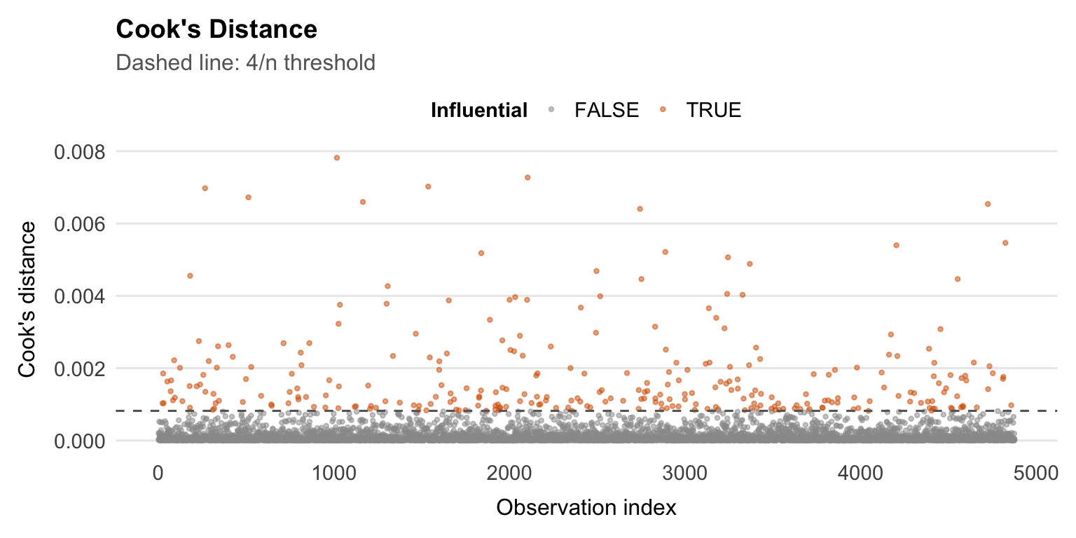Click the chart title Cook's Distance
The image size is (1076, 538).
(x=216, y=29)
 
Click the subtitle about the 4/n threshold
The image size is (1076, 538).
(x=245, y=63)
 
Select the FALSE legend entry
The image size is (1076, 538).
(x=606, y=110)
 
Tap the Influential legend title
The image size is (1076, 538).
(x=479, y=110)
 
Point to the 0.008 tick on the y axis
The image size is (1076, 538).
(x=78, y=151)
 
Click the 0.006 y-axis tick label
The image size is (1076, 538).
(x=78, y=223)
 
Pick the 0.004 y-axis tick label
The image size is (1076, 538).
(x=78, y=296)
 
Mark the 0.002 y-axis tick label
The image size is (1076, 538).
(x=78, y=368)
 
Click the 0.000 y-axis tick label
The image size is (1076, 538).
(x=78, y=441)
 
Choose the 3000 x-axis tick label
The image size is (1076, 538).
(x=684, y=474)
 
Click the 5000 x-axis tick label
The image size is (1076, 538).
(x=1035, y=474)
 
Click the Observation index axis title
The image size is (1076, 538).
(x=586, y=507)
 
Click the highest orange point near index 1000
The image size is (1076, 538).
(x=336, y=158)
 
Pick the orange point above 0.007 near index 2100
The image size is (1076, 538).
(x=527, y=177)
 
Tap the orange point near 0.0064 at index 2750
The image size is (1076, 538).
(x=640, y=209)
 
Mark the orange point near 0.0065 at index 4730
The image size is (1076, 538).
(x=988, y=204)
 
